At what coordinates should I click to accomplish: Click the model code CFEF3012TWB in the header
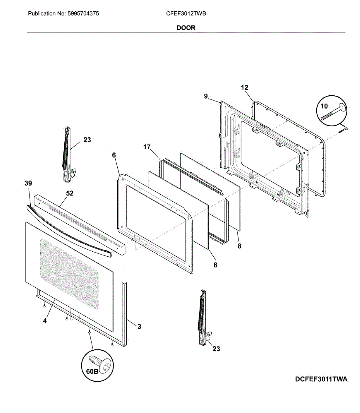click(186, 14)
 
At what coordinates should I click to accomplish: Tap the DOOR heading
click(186, 28)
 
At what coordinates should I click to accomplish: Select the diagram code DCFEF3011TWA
click(321, 379)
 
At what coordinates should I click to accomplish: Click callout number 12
click(244, 88)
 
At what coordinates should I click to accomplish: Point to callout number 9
click(206, 96)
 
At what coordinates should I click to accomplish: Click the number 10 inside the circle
click(324, 106)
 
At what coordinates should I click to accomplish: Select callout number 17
click(147, 147)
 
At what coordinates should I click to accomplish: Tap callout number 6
click(114, 155)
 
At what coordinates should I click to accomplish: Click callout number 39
click(28, 183)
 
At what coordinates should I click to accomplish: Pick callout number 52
click(70, 193)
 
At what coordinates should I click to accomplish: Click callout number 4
click(45, 321)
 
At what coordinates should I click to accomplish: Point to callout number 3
click(139, 327)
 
